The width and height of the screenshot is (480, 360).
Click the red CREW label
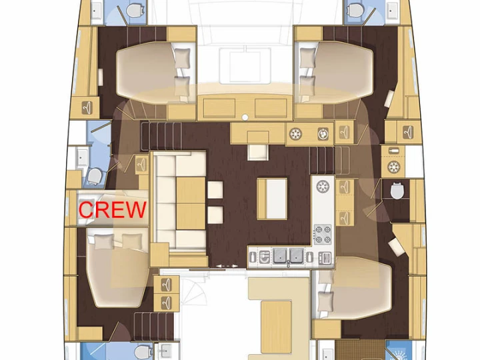click(x=113, y=209)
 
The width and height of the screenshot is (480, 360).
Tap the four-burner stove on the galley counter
click(x=323, y=234)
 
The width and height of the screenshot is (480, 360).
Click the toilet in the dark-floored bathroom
click(x=397, y=191)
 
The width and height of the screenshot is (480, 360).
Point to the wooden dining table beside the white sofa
click(x=191, y=203)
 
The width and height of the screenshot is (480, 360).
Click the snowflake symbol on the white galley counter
click(x=323, y=186)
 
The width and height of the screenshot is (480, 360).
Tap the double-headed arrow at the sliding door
click(x=227, y=266)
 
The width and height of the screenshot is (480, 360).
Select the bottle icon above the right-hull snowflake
click(x=394, y=151)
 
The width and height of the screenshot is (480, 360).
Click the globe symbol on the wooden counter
click(x=323, y=134)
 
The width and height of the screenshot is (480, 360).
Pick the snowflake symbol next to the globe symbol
click(x=296, y=134)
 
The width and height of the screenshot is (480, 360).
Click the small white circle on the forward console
click(x=245, y=117)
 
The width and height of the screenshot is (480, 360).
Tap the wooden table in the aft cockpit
click(x=276, y=327)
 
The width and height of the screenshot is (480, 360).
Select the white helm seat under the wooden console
click(x=258, y=153)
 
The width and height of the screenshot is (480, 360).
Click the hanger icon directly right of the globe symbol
click(x=345, y=133)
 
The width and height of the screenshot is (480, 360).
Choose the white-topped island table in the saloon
click(x=273, y=199)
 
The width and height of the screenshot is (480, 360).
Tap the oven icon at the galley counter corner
click(x=325, y=258)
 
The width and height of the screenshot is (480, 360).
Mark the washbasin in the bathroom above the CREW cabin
click(x=81, y=157)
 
